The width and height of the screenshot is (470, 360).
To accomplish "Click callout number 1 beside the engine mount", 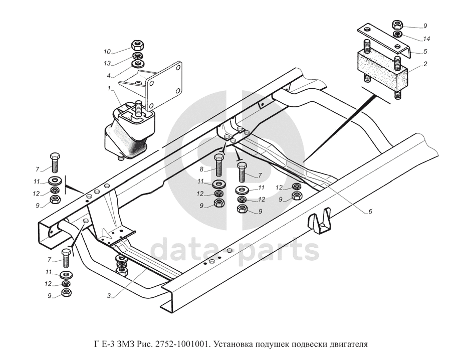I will (109, 89).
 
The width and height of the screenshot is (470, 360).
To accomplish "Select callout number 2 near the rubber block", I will (424, 64).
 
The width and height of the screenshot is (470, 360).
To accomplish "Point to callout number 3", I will (109, 296).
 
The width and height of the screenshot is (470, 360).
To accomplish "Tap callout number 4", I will (109, 76).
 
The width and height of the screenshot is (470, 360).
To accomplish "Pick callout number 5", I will (424, 51).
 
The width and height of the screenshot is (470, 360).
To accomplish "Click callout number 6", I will (370, 212).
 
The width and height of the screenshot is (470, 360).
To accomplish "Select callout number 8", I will (201, 169).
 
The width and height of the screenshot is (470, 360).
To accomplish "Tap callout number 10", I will (107, 51).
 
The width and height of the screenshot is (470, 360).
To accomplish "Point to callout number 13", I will (107, 63).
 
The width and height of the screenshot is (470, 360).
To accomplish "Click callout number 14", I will (426, 39).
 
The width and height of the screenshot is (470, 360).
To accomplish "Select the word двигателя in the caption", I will (349, 344).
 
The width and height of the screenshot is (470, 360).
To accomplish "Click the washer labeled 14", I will (397, 34).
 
